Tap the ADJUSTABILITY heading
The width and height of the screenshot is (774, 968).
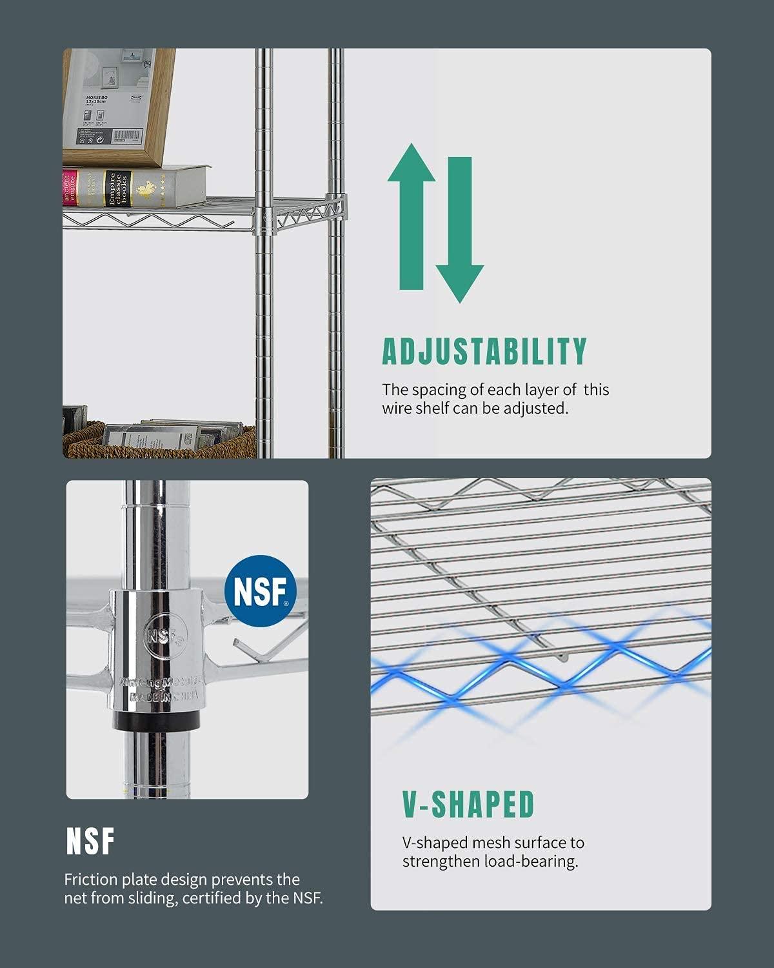(x=484, y=352)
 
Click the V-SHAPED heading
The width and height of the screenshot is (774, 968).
(x=469, y=805)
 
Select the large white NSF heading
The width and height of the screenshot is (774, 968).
(x=90, y=842)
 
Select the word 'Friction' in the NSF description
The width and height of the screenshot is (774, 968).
(x=89, y=880)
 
